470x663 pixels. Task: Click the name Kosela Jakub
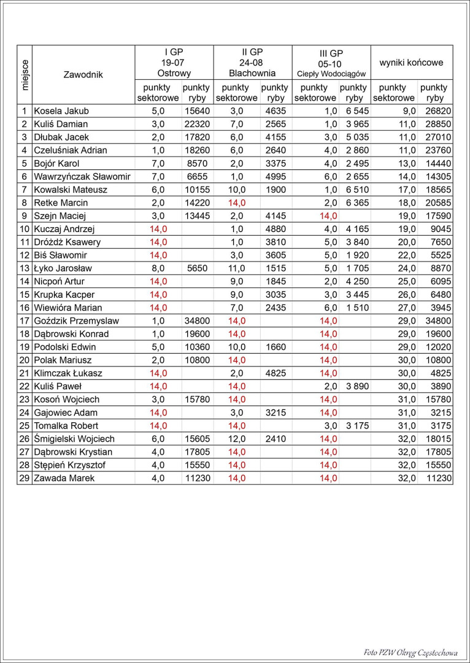[61, 111]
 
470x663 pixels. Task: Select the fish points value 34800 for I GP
[197, 320]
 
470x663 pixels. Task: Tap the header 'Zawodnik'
[83, 75]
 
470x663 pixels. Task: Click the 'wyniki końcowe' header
[411, 63]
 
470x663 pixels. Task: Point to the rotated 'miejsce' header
[25, 75]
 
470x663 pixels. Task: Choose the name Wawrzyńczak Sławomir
[82, 177]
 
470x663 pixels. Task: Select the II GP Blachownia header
[252, 63]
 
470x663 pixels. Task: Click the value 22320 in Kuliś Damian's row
[197, 124]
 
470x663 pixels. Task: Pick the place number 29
[25, 478]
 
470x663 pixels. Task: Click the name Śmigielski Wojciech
[74, 439]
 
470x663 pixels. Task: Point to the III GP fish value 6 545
[354, 111]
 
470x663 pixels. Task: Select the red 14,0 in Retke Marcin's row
[236, 203]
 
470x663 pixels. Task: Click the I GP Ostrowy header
[174, 63]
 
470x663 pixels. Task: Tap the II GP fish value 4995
[275, 177]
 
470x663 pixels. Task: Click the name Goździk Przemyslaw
[77, 320]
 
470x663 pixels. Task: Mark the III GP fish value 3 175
[354, 425]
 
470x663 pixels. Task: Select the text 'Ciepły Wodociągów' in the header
[331, 74]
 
